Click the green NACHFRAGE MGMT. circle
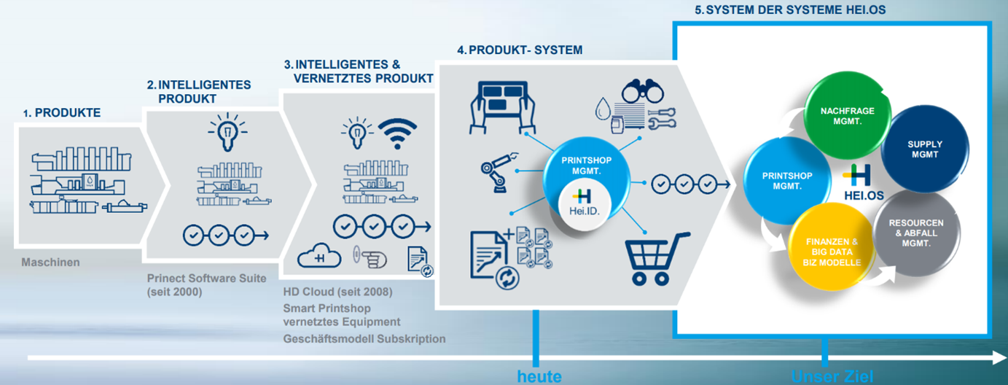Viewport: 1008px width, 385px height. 848,115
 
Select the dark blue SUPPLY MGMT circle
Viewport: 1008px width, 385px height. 925,149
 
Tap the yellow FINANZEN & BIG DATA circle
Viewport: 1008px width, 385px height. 832,246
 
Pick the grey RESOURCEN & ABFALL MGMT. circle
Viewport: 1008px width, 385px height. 916,233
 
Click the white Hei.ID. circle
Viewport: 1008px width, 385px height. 584,204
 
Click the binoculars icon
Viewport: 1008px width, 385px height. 642,90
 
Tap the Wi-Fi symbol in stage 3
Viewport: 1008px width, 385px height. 397,133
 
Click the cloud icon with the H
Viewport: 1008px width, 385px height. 319,256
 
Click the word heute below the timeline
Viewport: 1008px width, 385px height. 539,376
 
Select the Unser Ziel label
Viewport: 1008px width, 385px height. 832,376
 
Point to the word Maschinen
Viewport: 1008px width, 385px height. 50,262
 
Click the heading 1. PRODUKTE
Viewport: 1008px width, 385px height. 62,112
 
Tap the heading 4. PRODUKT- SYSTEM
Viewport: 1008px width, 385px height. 520,50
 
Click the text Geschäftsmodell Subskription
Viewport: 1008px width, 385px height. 364,338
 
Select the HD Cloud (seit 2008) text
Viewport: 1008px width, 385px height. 337,292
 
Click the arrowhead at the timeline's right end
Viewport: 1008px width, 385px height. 1000,358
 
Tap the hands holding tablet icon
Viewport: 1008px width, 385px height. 502,107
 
